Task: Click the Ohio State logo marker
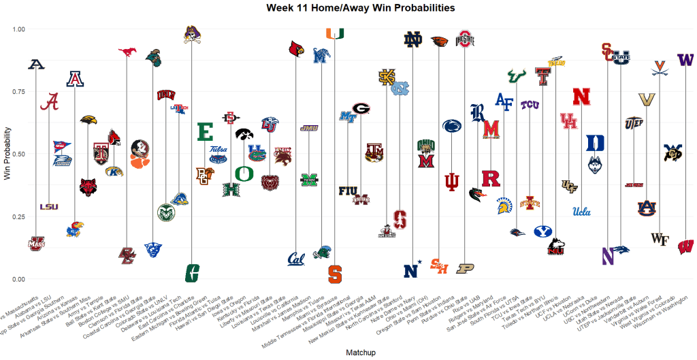(x=464, y=39)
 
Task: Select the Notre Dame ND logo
(x=412, y=40)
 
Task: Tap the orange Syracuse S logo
(x=335, y=274)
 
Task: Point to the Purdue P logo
(x=464, y=269)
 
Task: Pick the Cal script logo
(x=296, y=259)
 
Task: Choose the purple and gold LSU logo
(x=49, y=207)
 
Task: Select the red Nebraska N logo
(x=581, y=97)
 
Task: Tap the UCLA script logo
(x=581, y=211)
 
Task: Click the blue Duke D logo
(x=594, y=143)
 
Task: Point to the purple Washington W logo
(x=685, y=60)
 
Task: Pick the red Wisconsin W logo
(x=685, y=246)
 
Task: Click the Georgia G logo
(x=361, y=108)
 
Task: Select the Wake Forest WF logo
(x=659, y=238)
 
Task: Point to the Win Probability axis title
(x=7, y=153)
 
